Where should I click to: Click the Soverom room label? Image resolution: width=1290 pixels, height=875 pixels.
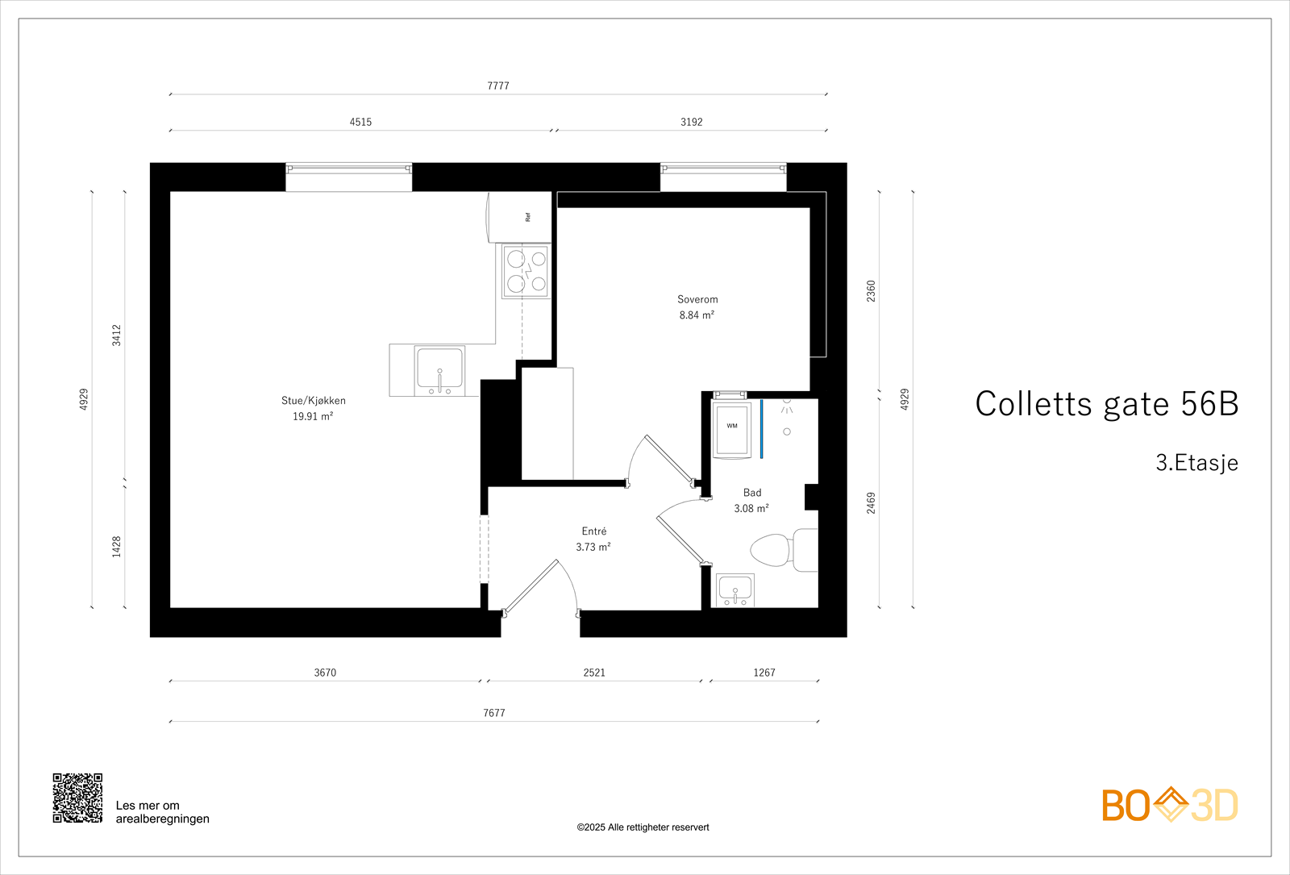click(697, 299)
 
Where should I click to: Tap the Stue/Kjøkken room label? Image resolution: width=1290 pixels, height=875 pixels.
click(313, 401)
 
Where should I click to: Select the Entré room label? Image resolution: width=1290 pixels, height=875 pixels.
click(594, 531)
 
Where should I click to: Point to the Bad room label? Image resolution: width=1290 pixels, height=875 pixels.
click(752, 493)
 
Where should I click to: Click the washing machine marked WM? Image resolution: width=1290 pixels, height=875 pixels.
click(732, 427)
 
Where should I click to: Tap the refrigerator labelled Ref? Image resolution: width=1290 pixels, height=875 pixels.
click(521, 217)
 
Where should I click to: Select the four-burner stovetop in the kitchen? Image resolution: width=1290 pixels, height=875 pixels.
click(526, 272)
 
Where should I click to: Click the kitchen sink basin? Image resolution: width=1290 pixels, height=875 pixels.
click(439, 370)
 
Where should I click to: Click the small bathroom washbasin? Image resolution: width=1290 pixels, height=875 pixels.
click(735, 590)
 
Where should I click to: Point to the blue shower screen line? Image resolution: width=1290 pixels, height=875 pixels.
click(761, 429)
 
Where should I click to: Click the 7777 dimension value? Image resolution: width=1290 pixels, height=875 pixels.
click(498, 86)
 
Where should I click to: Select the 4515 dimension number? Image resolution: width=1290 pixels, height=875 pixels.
click(360, 123)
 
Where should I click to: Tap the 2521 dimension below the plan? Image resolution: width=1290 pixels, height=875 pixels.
click(594, 673)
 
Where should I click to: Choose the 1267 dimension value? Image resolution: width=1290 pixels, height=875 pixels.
click(764, 673)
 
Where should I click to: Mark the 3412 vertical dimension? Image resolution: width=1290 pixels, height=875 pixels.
click(117, 335)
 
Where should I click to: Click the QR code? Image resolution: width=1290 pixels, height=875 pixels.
click(77, 798)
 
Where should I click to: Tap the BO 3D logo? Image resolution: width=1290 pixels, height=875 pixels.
click(1170, 805)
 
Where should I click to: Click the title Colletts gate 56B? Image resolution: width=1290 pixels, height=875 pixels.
click(1106, 404)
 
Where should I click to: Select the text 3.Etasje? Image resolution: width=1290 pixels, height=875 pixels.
click(1196, 463)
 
